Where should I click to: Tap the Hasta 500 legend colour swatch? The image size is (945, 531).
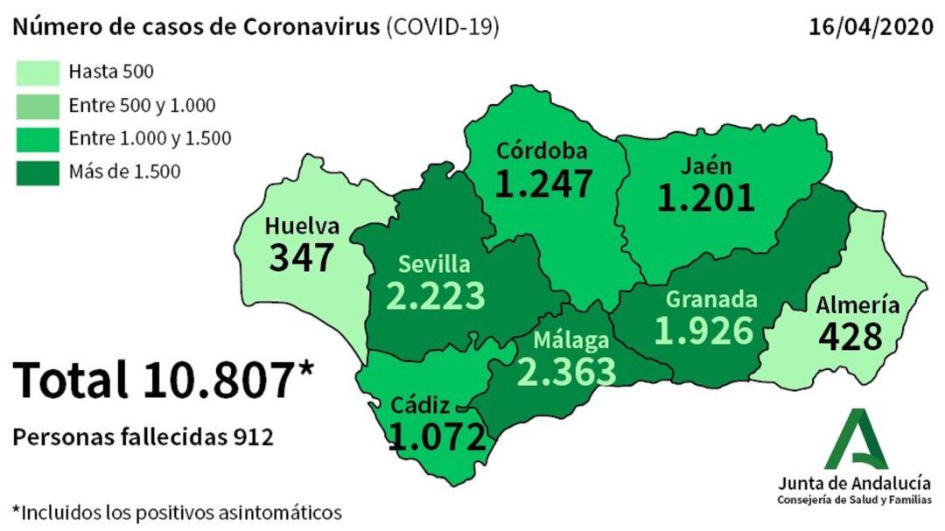pyautogui.click(x=38, y=72)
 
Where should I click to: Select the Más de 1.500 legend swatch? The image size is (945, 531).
pyautogui.click(x=38, y=171)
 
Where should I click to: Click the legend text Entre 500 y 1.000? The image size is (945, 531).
pyautogui.click(x=142, y=106)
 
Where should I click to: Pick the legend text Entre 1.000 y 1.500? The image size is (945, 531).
pyautogui.click(x=150, y=138)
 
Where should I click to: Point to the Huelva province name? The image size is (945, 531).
pyautogui.click(x=301, y=226)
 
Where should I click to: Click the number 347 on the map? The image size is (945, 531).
pyautogui.click(x=302, y=257)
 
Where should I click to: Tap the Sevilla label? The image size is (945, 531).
pyautogui.click(x=434, y=263)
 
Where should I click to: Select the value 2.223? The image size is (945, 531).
pyautogui.click(x=436, y=295)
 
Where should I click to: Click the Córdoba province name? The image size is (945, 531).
pyautogui.click(x=542, y=150)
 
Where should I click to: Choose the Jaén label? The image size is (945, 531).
pyautogui.click(x=708, y=166)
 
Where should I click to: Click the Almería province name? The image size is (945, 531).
pyautogui.click(x=857, y=305)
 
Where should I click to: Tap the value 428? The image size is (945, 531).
pyautogui.click(x=850, y=336)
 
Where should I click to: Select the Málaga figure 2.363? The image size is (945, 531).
pyautogui.click(x=567, y=369)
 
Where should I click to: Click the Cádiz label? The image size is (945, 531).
pyautogui.click(x=422, y=405)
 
